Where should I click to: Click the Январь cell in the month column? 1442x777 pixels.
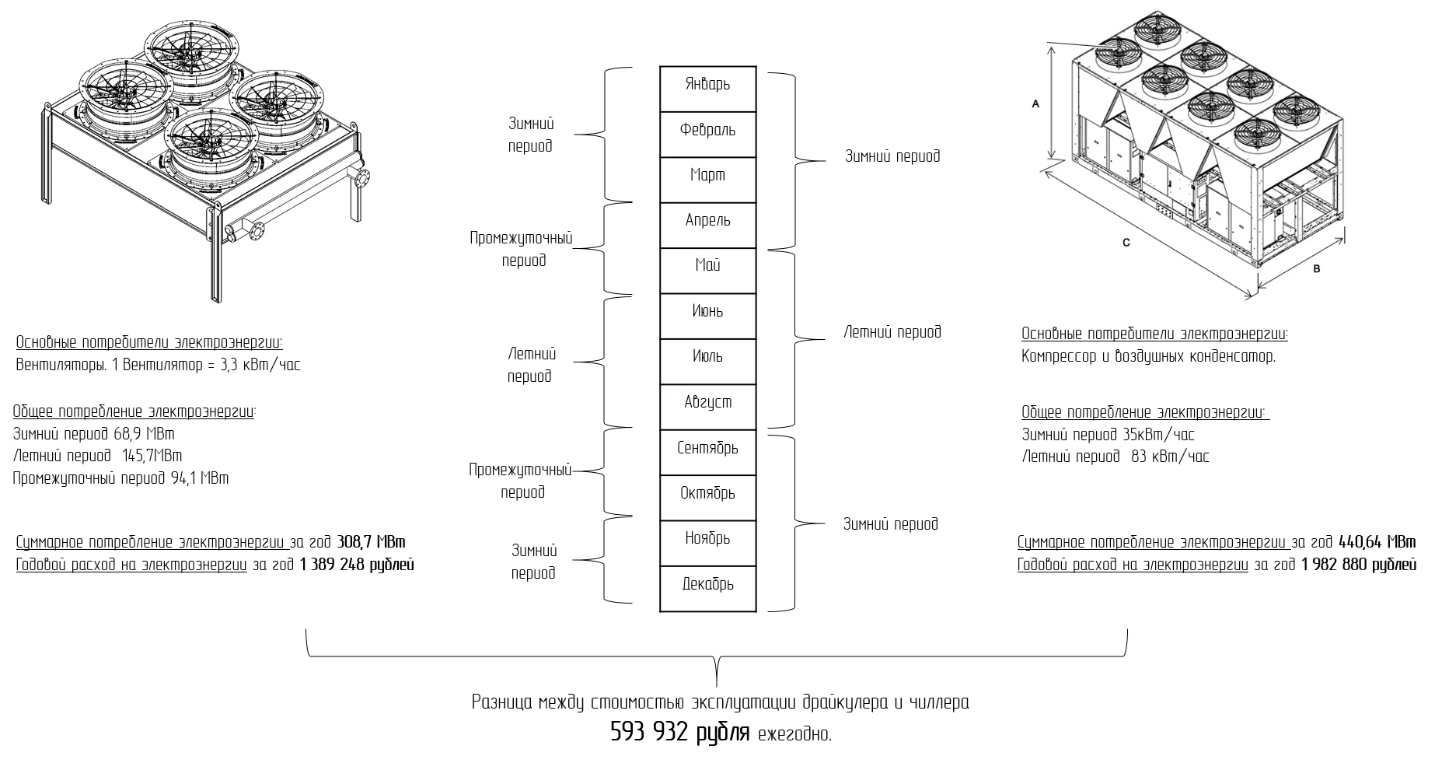pos(707,84)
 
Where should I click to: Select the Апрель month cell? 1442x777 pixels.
pos(707,220)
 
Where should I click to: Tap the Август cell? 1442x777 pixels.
pos(707,402)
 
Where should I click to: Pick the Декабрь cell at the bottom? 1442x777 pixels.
pos(707,584)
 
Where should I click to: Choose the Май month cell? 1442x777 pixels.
pos(707,266)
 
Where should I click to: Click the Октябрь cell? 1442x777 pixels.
pos(707,493)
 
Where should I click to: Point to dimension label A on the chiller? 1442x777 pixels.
pos(1035,103)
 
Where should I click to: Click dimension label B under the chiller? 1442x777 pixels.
pos(1316,269)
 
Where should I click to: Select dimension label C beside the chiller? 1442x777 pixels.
pos(1126,243)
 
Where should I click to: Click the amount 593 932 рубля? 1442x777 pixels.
pos(679,733)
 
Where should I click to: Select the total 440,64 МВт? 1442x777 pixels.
pos(1377,542)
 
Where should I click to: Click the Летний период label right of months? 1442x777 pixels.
pos(892,332)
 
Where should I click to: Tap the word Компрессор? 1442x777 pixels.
pos(1058,357)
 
